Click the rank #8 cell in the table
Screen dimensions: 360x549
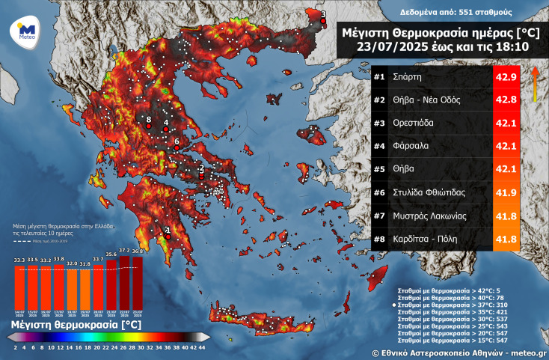(x=379, y=239)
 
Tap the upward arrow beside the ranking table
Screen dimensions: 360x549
(x=536, y=82)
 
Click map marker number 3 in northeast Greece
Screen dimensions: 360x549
(x=323, y=14)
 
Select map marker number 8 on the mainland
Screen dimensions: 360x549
(x=149, y=120)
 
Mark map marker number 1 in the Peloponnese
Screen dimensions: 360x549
(x=168, y=231)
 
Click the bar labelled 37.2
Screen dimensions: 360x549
(x=124, y=279)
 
